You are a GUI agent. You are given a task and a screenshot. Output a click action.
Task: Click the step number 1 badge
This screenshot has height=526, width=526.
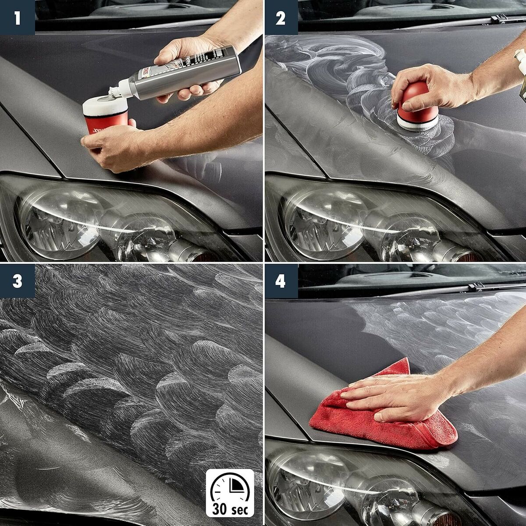17,18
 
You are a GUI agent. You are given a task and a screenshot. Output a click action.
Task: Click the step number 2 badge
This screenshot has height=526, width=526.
281,18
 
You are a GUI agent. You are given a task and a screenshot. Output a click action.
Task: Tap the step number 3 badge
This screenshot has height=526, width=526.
17,281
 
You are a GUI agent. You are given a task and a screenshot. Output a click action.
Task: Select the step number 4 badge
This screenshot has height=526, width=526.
281,281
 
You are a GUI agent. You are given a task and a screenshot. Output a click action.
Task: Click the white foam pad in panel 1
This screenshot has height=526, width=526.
105,105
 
